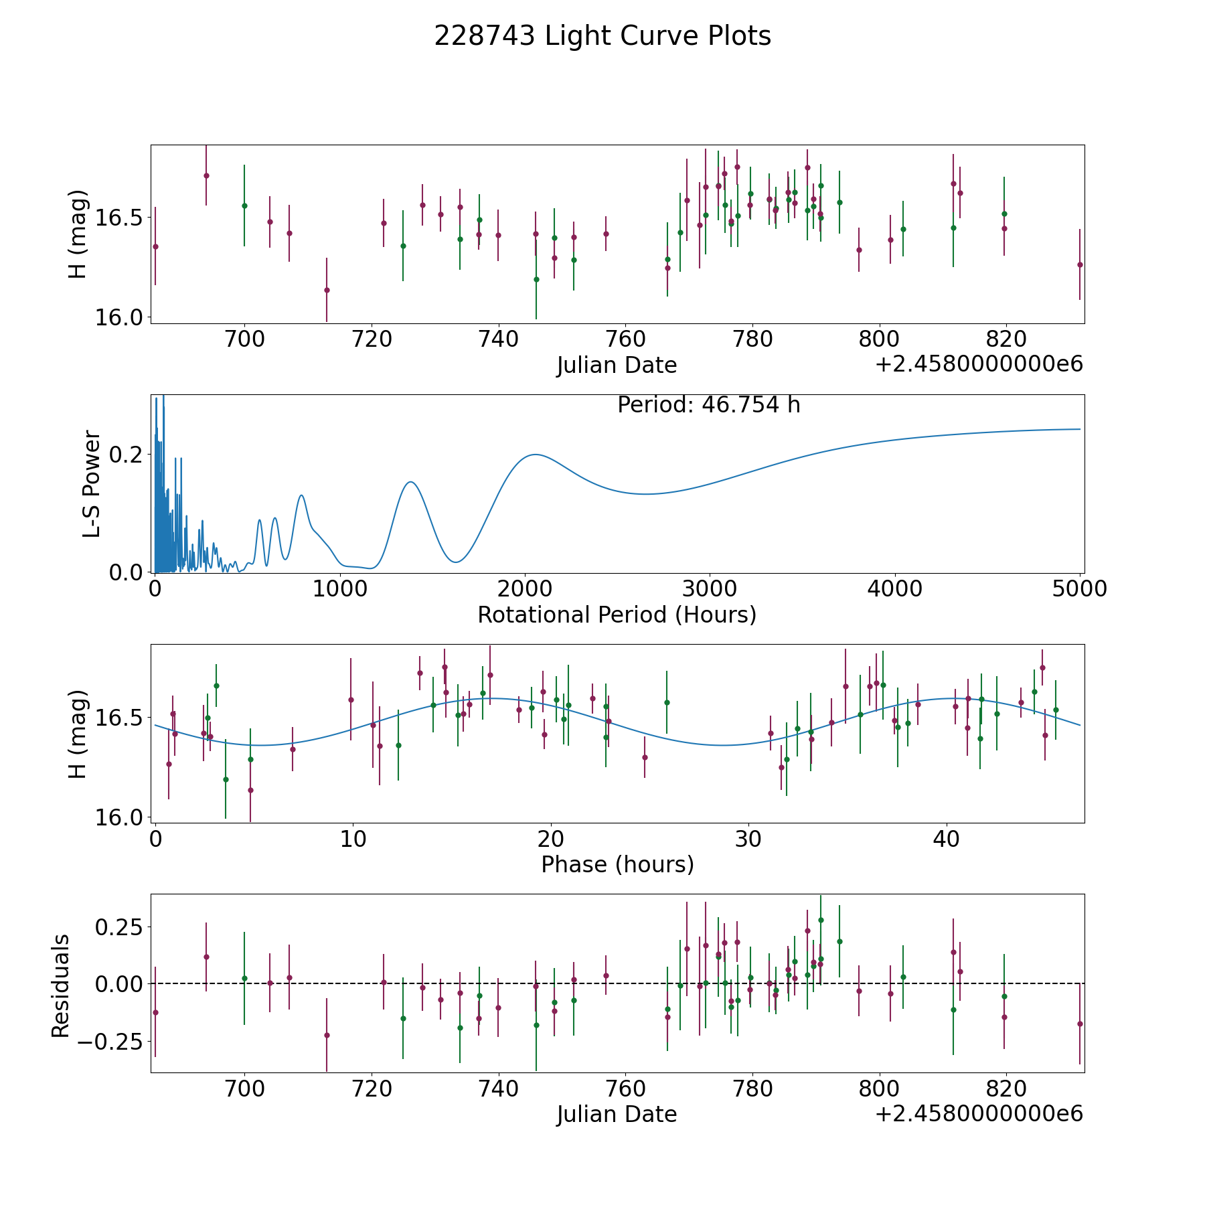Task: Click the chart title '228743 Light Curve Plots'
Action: (x=602, y=36)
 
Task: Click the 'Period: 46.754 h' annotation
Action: (x=708, y=405)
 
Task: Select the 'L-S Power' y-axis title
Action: (x=92, y=483)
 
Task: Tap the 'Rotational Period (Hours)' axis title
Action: (x=617, y=615)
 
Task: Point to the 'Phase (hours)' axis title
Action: (x=617, y=864)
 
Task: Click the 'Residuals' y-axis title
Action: (x=60, y=985)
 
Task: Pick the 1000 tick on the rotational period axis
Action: (x=340, y=589)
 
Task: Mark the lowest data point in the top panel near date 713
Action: (x=327, y=290)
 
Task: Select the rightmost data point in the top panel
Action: (x=1080, y=264)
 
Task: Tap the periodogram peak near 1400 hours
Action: (x=410, y=482)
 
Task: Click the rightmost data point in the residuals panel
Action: (x=1080, y=1024)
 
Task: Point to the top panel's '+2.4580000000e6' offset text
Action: (x=979, y=364)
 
